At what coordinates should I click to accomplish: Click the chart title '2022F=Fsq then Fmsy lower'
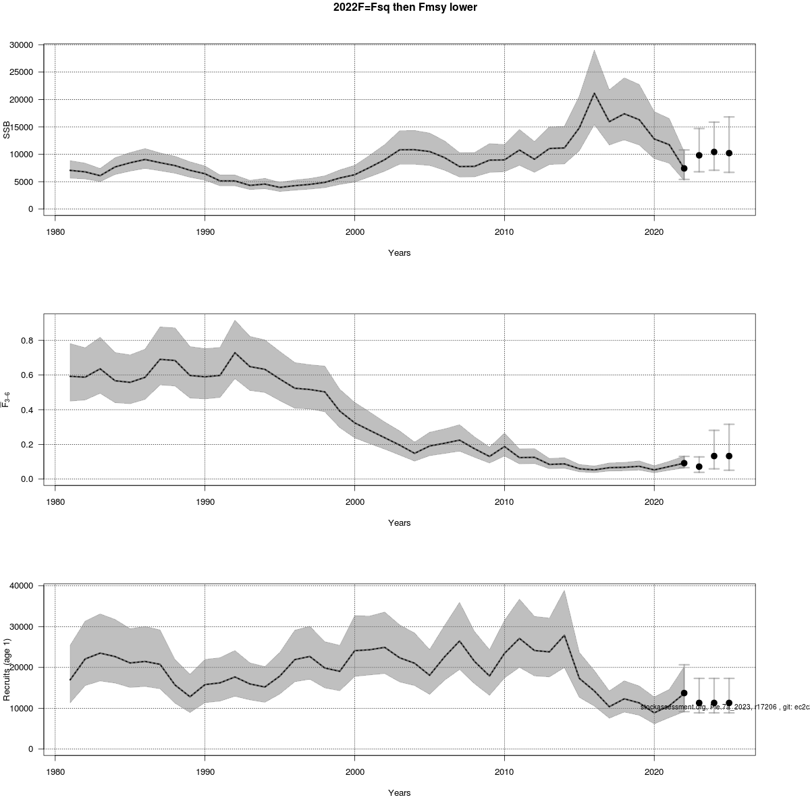tap(405, 8)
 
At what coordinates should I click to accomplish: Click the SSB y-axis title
tap(7, 129)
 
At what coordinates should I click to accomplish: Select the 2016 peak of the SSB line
tap(594, 93)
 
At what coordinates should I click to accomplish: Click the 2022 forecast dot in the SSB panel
tap(684, 168)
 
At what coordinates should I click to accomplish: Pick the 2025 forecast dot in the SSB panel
tap(729, 153)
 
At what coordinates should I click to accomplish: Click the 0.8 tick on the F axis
tap(27, 341)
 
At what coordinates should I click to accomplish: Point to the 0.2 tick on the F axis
tap(27, 445)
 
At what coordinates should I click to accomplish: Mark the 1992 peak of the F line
tap(235, 352)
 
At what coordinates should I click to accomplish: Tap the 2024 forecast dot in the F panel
tap(714, 456)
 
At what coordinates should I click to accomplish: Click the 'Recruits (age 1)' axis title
tap(7, 669)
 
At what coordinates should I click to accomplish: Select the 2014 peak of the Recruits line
tap(564, 635)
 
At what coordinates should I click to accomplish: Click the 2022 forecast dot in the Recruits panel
tap(684, 693)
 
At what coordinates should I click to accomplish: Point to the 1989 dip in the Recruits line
tap(190, 697)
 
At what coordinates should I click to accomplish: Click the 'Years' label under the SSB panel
tap(399, 253)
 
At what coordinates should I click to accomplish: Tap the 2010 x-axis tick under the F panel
tap(504, 502)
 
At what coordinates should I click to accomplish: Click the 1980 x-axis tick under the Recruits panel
tap(55, 772)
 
